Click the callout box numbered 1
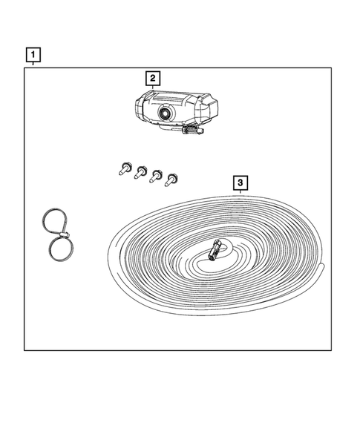33,54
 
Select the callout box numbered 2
151,78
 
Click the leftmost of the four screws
122,170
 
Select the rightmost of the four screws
173,179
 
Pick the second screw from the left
140,174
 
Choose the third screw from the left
157,177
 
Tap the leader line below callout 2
151,88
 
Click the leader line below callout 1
33,65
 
